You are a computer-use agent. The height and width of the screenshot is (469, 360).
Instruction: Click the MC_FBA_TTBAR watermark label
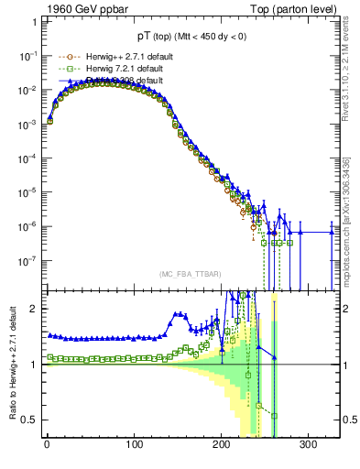[x=190, y=274]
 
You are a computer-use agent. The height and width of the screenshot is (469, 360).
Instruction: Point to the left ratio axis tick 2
[x=34, y=309]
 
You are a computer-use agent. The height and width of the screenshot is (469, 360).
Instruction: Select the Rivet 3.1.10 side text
[x=352, y=64]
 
